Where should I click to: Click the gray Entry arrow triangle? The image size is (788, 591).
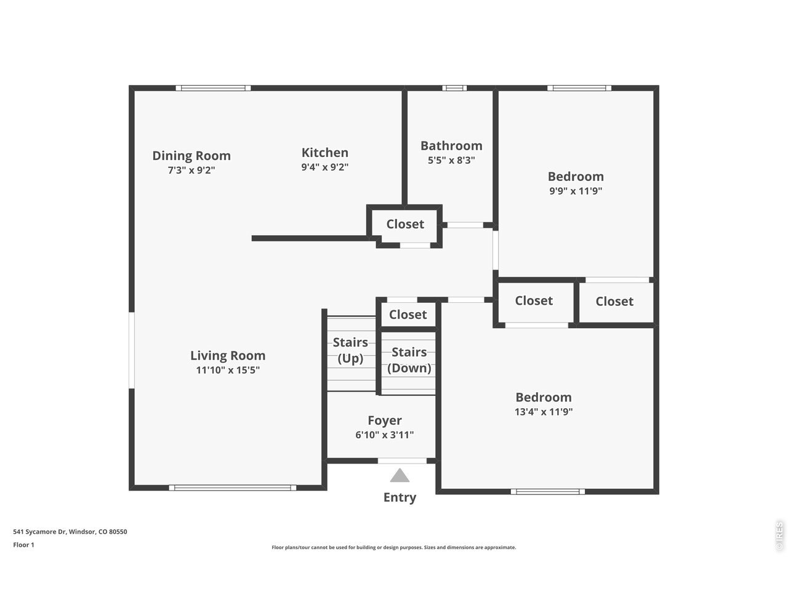click(x=400, y=475)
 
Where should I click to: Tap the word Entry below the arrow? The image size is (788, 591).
click(x=400, y=497)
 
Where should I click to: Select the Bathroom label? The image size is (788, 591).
click(x=451, y=146)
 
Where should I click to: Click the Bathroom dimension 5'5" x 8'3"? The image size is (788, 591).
click(x=451, y=160)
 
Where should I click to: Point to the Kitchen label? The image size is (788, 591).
click(x=325, y=153)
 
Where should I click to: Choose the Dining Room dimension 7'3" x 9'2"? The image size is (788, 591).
click(x=191, y=170)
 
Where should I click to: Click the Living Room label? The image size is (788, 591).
click(x=228, y=356)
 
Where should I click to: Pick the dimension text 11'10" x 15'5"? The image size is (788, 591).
click(x=228, y=370)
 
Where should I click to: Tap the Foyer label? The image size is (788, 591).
click(x=385, y=420)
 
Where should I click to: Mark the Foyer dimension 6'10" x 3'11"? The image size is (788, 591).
click(x=385, y=435)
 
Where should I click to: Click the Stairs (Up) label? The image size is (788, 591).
click(x=350, y=350)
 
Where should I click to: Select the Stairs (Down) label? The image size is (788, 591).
click(x=409, y=360)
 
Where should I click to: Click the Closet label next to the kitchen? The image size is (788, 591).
click(x=405, y=224)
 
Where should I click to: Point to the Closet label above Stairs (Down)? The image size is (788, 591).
click(x=408, y=315)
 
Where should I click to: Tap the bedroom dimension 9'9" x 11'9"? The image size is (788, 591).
click(x=576, y=191)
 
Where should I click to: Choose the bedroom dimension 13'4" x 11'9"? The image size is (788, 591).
click(x=544, y=412)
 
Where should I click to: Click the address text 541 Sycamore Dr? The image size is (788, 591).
click(x=40, y=532)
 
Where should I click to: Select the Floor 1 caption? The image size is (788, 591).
click(x=23, y=545)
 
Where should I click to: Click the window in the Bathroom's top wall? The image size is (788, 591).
click(x=454, y=88)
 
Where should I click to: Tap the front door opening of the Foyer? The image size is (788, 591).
click(x=402, y=460)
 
